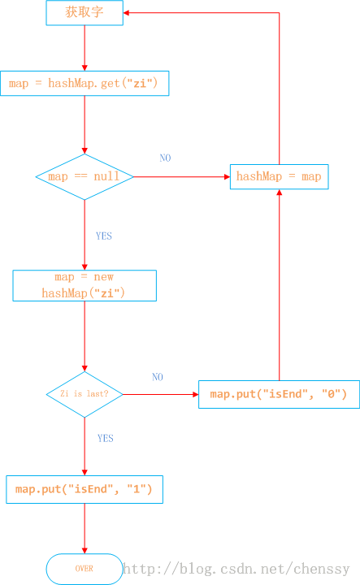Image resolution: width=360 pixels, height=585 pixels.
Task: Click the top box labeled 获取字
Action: click(85, 13)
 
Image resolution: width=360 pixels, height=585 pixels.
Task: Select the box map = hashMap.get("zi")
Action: click(85, 83)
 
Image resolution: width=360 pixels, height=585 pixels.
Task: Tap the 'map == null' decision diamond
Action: click(85, 177)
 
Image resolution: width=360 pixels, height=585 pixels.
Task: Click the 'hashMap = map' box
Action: click(279, 176)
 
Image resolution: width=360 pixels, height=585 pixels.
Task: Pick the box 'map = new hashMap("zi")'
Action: click(85, 285)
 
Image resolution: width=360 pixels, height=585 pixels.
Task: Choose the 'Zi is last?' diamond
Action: click(85, 394)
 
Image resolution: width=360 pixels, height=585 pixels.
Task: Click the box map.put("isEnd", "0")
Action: click(279, 394)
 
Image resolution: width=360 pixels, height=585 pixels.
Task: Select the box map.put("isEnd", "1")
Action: click(85, 489)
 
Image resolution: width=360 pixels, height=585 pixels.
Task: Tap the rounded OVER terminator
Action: click(85, 569)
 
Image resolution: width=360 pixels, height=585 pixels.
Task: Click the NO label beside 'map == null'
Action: click(165, 158)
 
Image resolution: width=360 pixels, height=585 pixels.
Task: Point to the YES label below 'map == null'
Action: click(104, 236)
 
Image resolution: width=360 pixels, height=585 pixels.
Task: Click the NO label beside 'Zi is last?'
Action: click(158, 377)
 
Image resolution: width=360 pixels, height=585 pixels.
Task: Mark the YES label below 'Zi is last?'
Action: click(105, 438)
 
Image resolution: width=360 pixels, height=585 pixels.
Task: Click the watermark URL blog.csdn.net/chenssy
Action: click(236, 569)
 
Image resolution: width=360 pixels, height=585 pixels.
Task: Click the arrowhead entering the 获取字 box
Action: click(126, 13)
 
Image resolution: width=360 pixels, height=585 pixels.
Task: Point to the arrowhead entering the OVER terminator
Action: click(85, 551)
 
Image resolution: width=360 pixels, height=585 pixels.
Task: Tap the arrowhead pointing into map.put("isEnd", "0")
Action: click(196, 394)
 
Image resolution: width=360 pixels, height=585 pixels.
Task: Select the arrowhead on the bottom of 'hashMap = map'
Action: click(279, 192)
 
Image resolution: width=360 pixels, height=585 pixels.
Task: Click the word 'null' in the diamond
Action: click(106, 175)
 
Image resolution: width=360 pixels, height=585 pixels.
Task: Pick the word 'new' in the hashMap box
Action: click(104, 277)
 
